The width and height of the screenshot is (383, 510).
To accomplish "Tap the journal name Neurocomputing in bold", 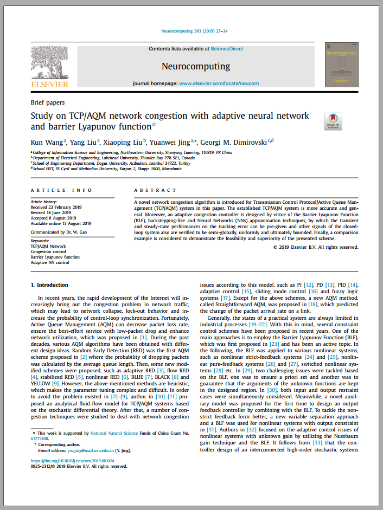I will coord(196,67).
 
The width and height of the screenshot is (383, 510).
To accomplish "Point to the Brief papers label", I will coord(48,102).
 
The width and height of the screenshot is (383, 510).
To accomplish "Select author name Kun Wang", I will coord(47,143).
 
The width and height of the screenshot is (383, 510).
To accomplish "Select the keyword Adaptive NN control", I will coord(50,262).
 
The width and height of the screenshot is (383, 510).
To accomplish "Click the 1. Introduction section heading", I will coord(49,285).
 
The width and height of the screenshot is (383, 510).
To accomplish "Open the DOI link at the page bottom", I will coord(76,461).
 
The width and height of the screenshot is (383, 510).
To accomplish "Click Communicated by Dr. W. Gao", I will coord(58,231).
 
